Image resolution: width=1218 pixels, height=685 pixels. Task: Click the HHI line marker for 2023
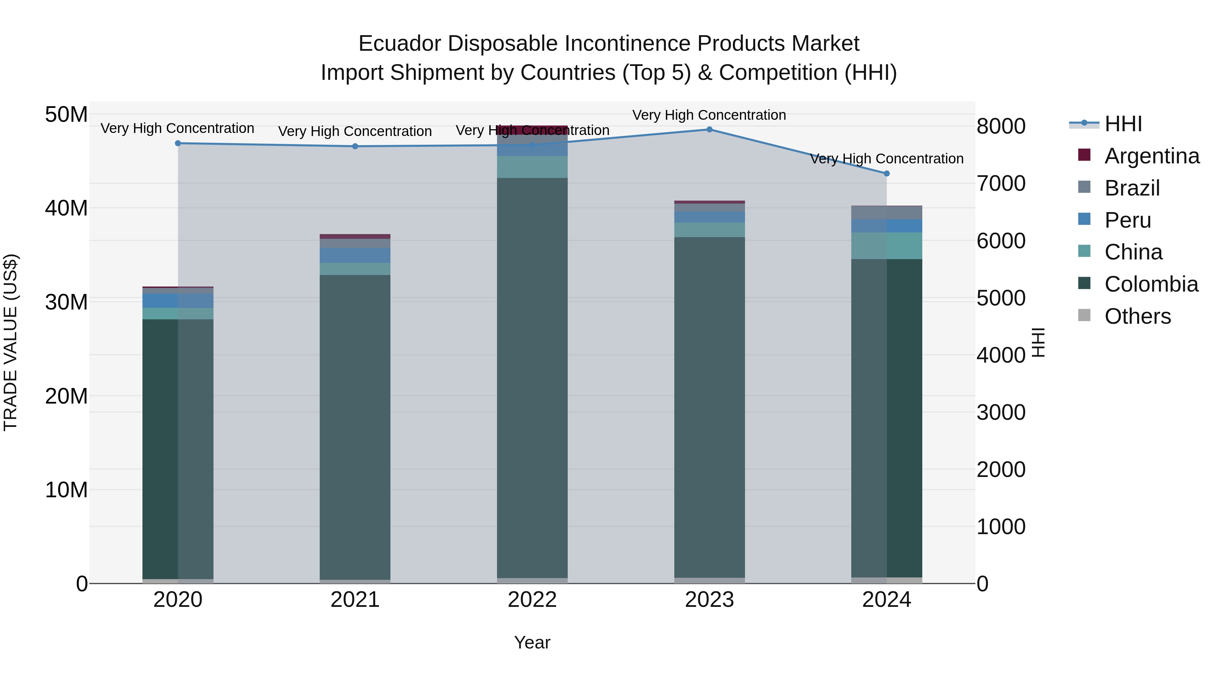709,130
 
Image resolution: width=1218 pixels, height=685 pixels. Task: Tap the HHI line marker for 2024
886,174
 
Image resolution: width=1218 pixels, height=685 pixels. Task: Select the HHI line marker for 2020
178,143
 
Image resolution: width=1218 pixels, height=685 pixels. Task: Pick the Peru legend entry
1127,220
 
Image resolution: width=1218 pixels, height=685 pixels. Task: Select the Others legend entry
1137,316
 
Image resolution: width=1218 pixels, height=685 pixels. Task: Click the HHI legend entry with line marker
1123,124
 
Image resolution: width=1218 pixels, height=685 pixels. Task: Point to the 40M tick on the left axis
66,208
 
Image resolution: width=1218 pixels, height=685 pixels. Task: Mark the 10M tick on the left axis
66,490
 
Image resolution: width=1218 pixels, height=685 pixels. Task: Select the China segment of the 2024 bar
886,246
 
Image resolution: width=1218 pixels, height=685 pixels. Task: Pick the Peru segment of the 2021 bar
355,255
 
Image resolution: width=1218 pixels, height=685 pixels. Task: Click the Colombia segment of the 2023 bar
709,407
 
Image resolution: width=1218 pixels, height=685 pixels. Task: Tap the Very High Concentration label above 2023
709,115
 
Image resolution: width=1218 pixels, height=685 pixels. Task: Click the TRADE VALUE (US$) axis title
10,342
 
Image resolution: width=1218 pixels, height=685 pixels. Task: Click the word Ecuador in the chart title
400,44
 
